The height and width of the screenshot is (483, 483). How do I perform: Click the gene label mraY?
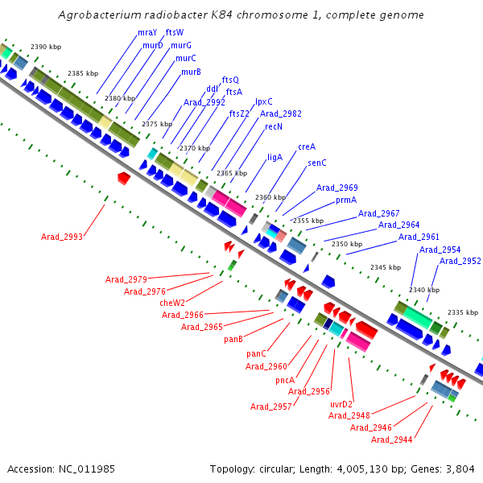[x=147, y=33]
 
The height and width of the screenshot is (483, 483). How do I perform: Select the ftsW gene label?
[x=175, y=33]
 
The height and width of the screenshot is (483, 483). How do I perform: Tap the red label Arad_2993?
[x=61, y=237]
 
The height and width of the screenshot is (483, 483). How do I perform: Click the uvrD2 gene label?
[x=342, y=403]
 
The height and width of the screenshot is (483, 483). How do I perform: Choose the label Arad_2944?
[x=391, y=440]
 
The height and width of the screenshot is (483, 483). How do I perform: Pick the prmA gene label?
[x=346, y=200]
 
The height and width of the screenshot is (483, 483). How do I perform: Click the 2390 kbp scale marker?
[x=45, y=47]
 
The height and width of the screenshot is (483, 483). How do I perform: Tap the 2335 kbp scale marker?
[x=463, y=312]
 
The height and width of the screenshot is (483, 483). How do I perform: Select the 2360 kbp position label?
[x=270, y=197]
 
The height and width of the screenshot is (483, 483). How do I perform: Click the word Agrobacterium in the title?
[x=97, y=15]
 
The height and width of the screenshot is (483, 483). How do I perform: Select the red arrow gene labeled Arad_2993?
[x=123, y=177]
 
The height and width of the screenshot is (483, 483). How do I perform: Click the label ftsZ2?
[x=239, y=114]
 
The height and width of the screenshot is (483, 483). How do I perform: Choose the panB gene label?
[x=233, y=339]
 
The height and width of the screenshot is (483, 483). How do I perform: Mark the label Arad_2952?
[x=460, y=261]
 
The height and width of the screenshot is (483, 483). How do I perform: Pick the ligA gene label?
[x=275, y=157]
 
